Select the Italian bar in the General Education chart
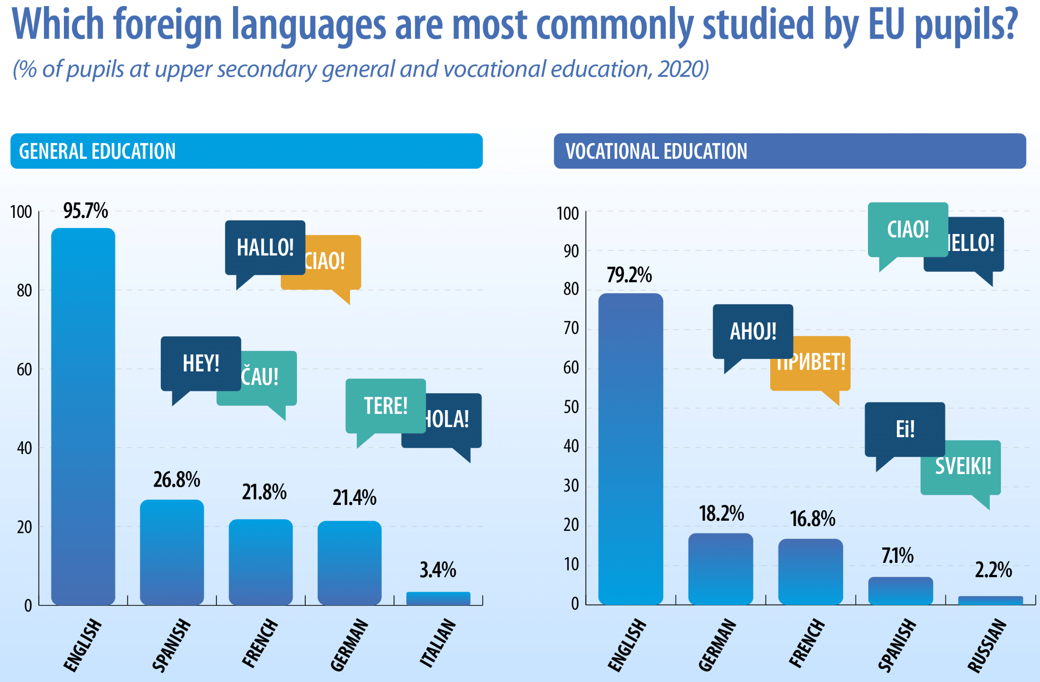point(438,598)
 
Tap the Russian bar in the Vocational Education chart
point(990,600)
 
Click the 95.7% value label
point(85,211)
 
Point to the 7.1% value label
point(897,556)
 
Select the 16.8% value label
point(812,519)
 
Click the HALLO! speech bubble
point(265,247)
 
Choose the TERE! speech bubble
point(385,406)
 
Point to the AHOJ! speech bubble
point(753,331)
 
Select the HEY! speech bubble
point(200,363)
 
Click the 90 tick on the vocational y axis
point(571,251)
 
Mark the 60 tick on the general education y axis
point(24,370)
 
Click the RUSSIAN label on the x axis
point(987,645)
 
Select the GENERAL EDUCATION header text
point(97,151)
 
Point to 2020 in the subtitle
point(683,69)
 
